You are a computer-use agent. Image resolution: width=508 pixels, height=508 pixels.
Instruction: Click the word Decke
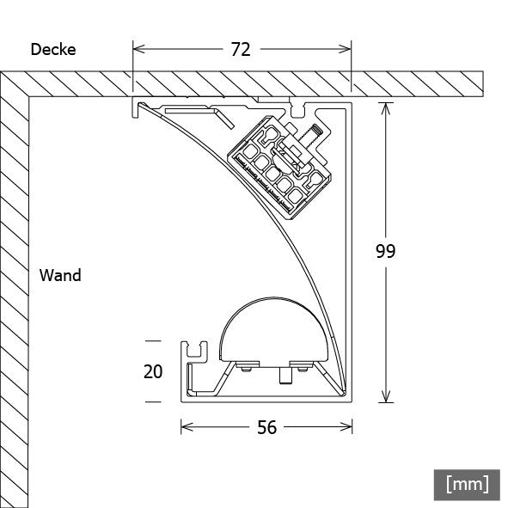(x=53, y=49)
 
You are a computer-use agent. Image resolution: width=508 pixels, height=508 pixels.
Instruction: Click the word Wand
(x=60, y=276)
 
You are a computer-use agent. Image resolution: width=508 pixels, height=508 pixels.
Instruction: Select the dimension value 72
(x=241, y=49)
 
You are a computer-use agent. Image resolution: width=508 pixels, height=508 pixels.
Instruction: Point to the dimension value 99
(x=386, y=251)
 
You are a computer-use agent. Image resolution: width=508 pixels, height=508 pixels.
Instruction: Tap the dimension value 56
(x=267, y=426)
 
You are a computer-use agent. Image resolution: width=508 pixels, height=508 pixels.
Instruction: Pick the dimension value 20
(x=152, y=371)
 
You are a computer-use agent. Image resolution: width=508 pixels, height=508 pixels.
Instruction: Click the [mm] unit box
(x=467, y=483)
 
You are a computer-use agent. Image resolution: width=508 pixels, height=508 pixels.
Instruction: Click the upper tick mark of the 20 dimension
(x=153, y=340)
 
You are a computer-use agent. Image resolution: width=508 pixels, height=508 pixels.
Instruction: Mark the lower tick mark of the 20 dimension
(x=153, y=401)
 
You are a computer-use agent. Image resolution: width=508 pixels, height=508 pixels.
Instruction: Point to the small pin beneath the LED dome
(x=282, y=376)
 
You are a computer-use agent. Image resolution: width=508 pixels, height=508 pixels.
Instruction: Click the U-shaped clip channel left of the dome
(x=195, y=349)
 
